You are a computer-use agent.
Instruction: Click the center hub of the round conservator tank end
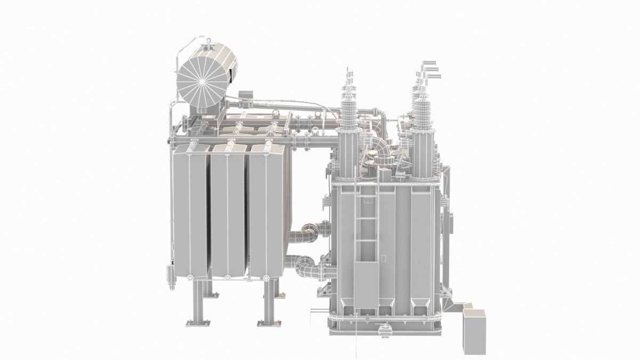(202, 83)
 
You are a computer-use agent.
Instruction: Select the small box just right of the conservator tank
(245, 95)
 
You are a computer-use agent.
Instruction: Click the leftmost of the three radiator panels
(190, 211)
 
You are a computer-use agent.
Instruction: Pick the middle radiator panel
(228, 211)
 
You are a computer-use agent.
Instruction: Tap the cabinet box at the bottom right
(475, 331)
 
